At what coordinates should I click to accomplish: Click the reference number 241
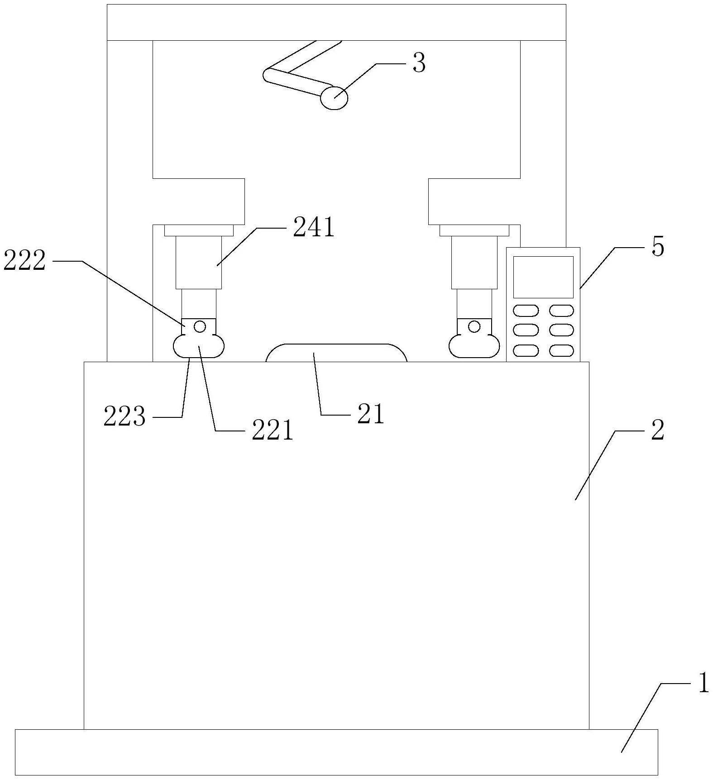(x=313, y=228)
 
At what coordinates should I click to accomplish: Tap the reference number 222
(x=24, y=261)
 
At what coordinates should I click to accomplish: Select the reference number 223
(x=124, y=416)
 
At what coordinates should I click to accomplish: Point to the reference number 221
(x=273, y=431)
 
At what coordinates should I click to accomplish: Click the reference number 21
(x=370, y=414)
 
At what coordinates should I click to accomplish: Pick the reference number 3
(x=419, y=64)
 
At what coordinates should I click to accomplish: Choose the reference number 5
(x=657, y=247)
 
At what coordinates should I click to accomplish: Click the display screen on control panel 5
(x=543, y=277)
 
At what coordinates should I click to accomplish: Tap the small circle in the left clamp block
(x=200, y=326)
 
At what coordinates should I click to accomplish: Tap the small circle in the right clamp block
(x=474, y=326)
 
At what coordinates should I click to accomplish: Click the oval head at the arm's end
(x=334, y=98)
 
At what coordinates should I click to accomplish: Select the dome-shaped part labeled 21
(x=336, y=353)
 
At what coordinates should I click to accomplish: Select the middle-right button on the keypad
(x=561, y=330)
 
